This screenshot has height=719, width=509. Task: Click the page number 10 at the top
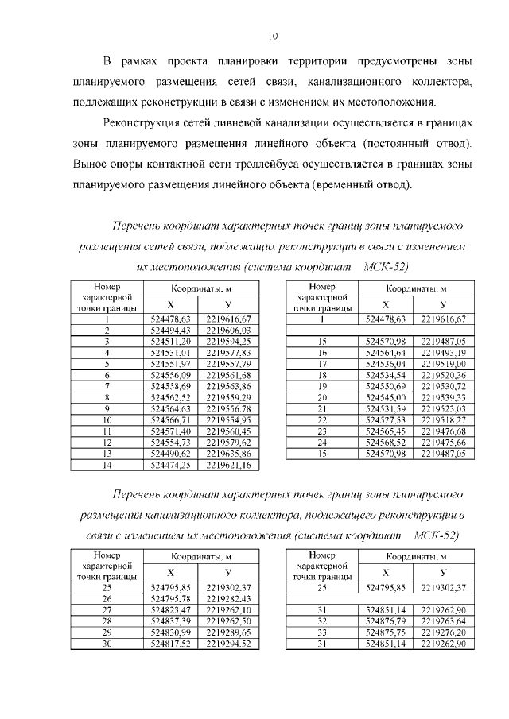[273, 36]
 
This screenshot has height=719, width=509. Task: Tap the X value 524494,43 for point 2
[167, 330]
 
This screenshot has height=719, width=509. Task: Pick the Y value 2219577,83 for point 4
[228, 352]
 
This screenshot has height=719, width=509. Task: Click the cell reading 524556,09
[167, 374]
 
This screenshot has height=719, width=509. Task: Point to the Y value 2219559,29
[228, 396]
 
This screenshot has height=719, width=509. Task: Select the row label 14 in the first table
[106, 463]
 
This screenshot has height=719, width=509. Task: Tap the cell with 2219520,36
[443, 374]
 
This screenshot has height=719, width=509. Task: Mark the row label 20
[322, 396]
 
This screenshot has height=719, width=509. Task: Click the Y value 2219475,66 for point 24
[443, 441]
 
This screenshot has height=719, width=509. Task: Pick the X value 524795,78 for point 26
[167, 598]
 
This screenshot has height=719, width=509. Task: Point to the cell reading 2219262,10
[228, 609]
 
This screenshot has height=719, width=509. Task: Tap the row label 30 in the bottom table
[106, 643]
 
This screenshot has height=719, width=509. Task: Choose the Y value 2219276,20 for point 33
[443, 632]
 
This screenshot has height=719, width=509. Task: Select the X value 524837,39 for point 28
[167, 620]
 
